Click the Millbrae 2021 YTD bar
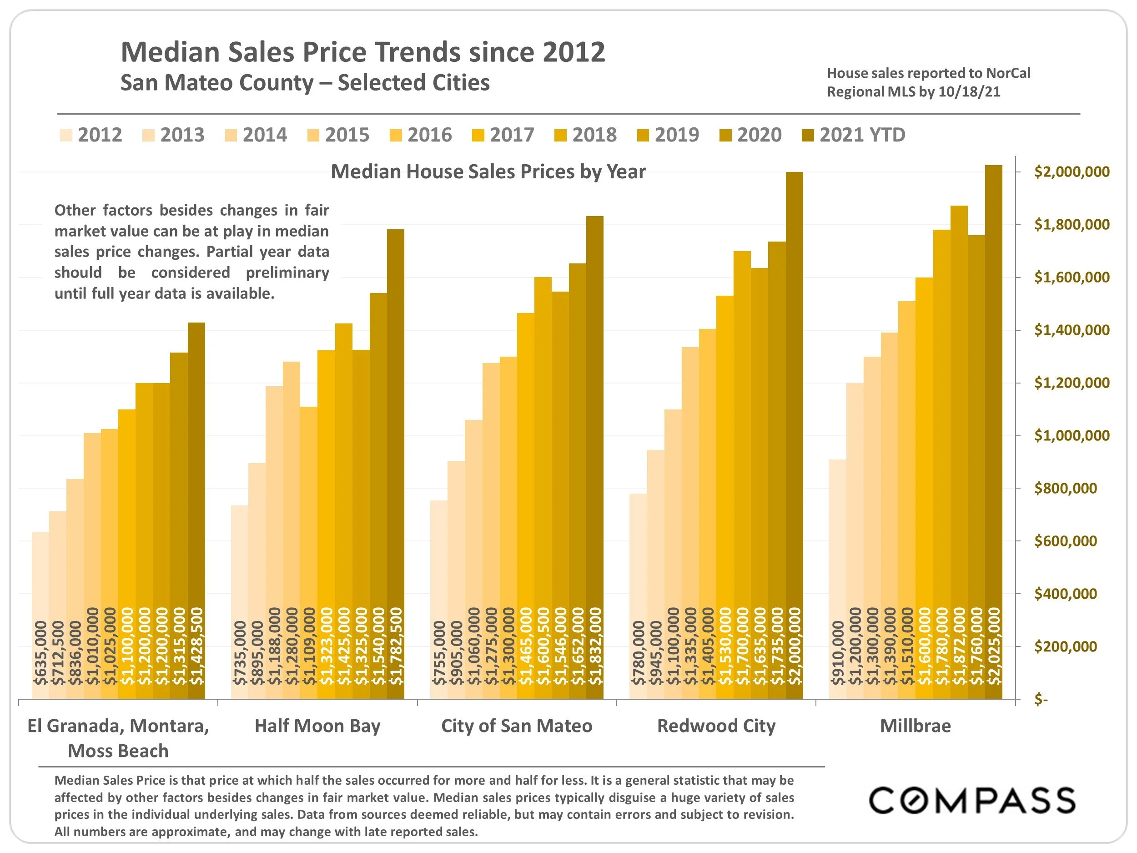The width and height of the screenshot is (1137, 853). click(x=993, y=432)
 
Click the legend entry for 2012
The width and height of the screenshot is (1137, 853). click(x=91, y=135)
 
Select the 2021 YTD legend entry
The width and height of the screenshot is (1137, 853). click(x=854, y=135)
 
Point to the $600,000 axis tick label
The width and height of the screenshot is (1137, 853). click(x=1065, y=541)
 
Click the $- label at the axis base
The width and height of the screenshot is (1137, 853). click(x=1041, y=699)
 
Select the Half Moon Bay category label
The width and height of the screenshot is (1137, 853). click(x=317, y=726)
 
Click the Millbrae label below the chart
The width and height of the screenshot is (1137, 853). click(x=915, y=726)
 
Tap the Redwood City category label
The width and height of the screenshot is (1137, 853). click(x=716, y=726)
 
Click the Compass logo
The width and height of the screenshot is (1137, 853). click(x=971, y=800)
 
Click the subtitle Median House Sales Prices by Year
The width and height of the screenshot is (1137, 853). click(x=488, y=172)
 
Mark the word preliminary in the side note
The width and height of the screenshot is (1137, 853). click(x=287, y=273)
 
